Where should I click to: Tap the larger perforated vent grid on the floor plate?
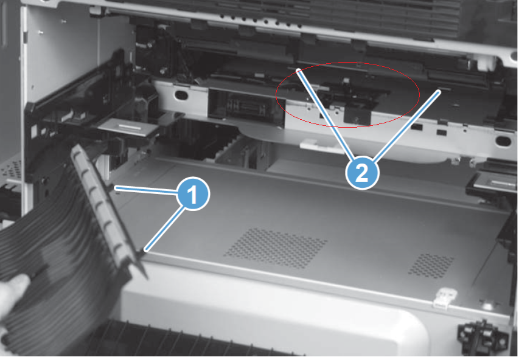(275, 248)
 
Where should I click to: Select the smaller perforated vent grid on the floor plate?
(431, 264)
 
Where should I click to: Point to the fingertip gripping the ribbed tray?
(15, 286)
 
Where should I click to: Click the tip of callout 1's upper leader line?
(116, 188)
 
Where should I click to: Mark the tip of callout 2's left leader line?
(298, 71)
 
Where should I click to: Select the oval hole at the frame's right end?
(503, 141)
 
